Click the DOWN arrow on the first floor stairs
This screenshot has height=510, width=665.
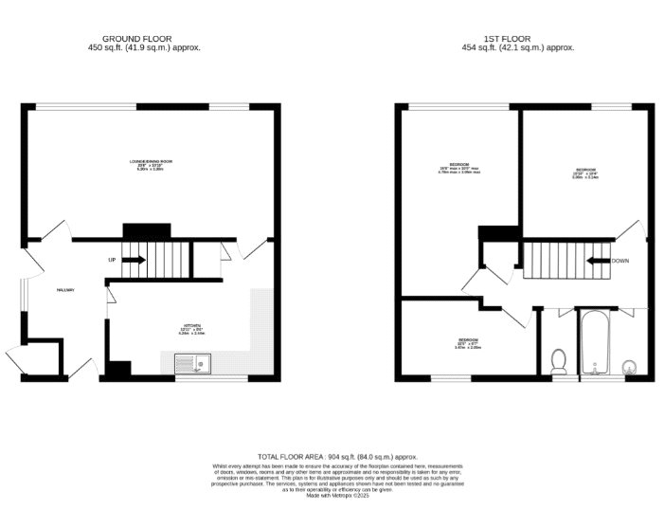click(599, 261)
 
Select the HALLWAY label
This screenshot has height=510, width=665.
click(65, 290)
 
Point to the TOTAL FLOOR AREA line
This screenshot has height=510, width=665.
click(331, 456)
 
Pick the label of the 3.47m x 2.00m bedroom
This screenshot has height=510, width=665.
click(469, 343)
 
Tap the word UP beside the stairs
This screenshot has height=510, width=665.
click(112, 260)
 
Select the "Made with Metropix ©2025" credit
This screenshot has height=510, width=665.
click(331, 496)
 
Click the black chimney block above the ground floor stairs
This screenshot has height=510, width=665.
click(146, 230)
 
